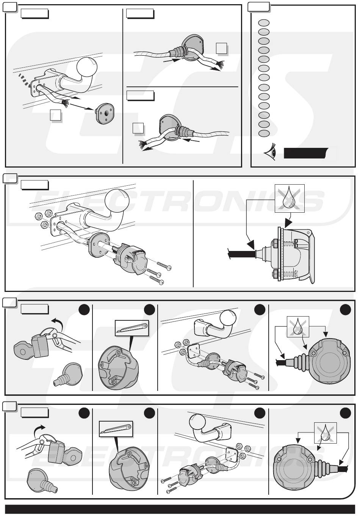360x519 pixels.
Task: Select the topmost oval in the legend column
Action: click(264, 23)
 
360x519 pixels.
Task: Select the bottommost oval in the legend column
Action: click(264, 133)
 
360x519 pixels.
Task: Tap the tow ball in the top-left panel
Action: click(87, 68)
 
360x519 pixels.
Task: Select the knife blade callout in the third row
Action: click(132, 327)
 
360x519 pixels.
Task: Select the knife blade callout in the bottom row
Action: click(116, 428)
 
